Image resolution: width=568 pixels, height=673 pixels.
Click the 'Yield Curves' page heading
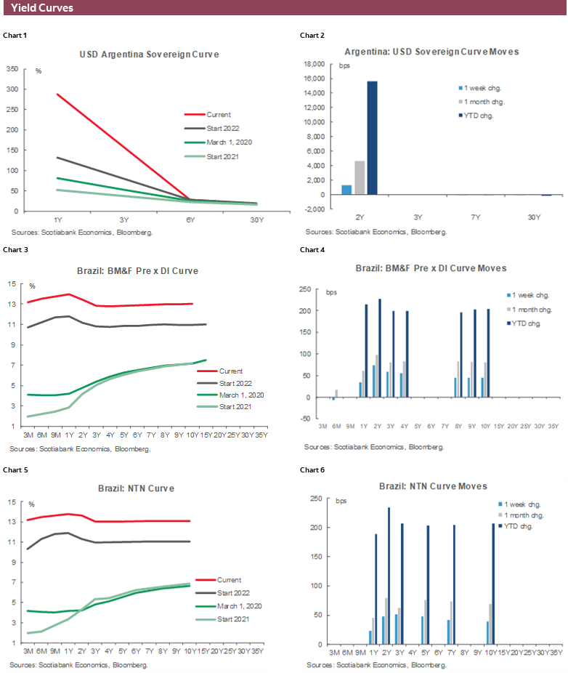point(42,8)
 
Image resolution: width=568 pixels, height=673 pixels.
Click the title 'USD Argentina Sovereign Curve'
point(149,55)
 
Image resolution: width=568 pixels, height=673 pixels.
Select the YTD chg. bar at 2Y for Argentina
point(372,138)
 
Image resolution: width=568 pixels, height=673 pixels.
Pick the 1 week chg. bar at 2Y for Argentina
point(346,190)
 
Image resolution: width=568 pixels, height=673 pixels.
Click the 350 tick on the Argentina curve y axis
point(12,69)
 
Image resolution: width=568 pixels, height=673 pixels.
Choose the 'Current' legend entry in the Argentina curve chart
point(218,114)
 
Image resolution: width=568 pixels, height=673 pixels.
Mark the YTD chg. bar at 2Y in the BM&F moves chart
point(379,348)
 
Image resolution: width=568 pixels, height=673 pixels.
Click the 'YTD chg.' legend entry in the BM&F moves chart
point(527,322)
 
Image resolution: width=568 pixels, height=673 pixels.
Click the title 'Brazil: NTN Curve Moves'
point(433,485)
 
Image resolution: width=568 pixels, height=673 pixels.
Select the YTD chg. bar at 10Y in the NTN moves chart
point(493,584)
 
